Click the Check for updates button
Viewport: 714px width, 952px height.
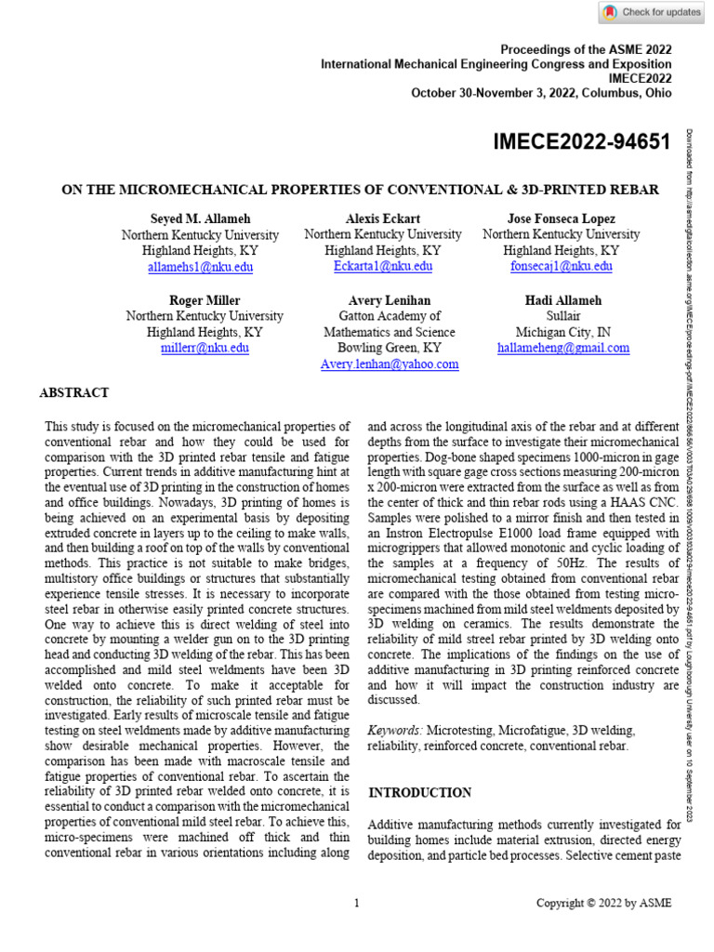click(x=652, y=12)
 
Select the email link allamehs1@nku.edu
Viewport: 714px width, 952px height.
click(x=200, y=267)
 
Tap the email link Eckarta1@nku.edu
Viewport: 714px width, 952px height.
click(x=383, y=266)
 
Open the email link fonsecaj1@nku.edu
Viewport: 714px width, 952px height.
click(x=562, y=266)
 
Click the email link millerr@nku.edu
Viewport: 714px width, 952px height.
click(x=205, y=348)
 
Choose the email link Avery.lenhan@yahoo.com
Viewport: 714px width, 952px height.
click(x=390, y=364)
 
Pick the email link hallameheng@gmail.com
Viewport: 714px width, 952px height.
click(x=563, y=348)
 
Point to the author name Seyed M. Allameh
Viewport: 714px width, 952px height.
click(x=200, y=218)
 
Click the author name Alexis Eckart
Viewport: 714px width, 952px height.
click(x=382, y=218)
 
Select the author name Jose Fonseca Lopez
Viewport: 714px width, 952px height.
click(x=561, y=218)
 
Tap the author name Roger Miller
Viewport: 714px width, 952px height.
click(x=205, y=300)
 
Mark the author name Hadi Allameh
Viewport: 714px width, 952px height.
click(x=563, y=300)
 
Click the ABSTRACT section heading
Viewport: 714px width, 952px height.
click(x=74, y=393)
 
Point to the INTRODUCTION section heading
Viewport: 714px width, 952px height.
click(x=420, y=793)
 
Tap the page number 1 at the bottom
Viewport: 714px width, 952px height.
click(x=357, y=904)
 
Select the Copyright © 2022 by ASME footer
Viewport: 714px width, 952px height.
click(x=602, y=904)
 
